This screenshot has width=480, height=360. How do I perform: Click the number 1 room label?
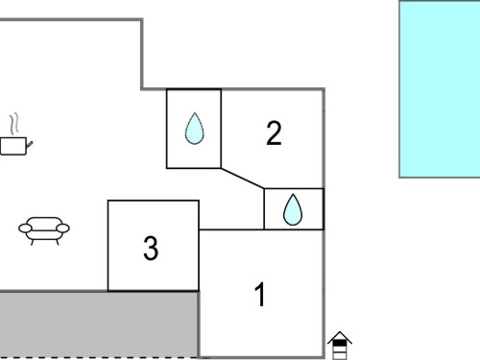[x=260, y=295]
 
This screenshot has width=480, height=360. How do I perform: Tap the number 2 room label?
[x=274, y=133]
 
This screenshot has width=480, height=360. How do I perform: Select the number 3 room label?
[x=151, y=248]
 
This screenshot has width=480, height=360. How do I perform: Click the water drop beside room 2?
[x=194, y=129]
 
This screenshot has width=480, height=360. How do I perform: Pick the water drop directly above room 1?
[x=293, y=209]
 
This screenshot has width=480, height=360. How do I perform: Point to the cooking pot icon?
[x=16, y=146]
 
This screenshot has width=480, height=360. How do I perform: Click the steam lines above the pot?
[x=13, y=124]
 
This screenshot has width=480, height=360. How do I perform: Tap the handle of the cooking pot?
[x=29, y=145]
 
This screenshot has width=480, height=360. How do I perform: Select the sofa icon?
[x=44, y=230]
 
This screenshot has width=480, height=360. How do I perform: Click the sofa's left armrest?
[x=25, y=228]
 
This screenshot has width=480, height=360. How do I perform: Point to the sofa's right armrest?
[x=63, y=228]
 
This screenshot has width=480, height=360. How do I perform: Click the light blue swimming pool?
[x=440, y=89]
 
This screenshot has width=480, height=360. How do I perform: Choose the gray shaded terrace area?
[x=99, y=324]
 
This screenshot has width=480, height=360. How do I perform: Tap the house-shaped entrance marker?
[x=340, y=346]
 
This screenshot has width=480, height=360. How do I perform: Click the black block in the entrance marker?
[x=340, y=343]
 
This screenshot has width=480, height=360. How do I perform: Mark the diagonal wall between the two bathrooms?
[x=243, y=179]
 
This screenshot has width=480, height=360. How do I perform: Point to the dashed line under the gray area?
[x=99, y=358]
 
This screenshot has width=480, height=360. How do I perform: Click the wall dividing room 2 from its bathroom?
[x=221, y=129]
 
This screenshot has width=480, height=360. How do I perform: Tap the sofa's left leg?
[x=32, y=242]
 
